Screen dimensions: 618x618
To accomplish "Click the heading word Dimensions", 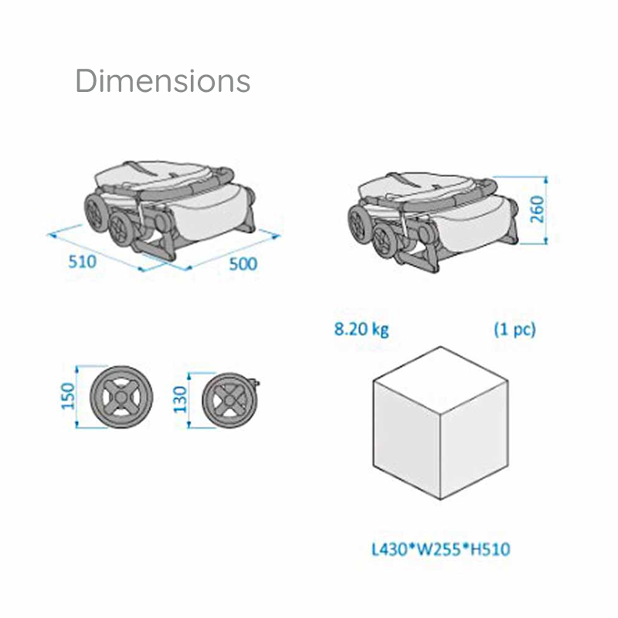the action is click(163, 81).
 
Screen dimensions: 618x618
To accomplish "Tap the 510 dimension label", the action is click(83, 262).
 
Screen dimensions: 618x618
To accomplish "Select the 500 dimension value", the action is click(243, 264).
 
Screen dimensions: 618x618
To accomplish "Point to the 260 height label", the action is click(537, 209).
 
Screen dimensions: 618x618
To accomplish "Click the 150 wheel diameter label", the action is click(68, 396).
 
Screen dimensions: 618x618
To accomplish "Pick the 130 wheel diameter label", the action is click(180, 399).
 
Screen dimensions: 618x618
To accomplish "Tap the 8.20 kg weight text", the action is click(362, 330).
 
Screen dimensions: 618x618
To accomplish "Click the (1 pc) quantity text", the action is click(514, 330).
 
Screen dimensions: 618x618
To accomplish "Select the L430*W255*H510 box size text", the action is click(441, 549).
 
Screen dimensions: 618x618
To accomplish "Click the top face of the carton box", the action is click(440, 380).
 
